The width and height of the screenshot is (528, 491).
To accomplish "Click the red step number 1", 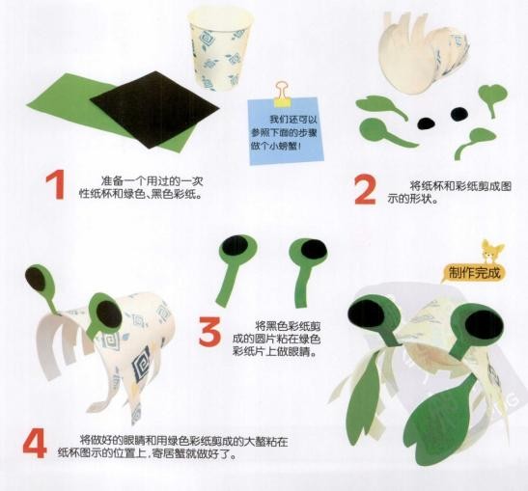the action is pyautogui.click(x=56, y=185).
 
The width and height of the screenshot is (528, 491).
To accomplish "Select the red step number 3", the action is pyautogui.click(x=209, y=331).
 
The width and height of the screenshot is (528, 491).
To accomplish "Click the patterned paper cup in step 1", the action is pyautogui.click(x=220, y=48).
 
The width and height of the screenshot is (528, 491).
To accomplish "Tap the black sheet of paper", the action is pyautogui.click(x=154, y=109).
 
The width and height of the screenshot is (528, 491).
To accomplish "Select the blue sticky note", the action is pyautogui.click(x=286, y=130).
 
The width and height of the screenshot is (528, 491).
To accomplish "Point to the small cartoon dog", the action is pyautogui.click(x=491, y=253).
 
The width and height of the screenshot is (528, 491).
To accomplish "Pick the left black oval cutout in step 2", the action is pyautogui.click(x=426, y=123).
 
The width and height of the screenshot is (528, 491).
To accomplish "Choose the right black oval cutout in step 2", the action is pyautogui.click(x=459, y=114).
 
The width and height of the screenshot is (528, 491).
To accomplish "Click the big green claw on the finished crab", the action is pyautogui.click(x=438, y=424).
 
